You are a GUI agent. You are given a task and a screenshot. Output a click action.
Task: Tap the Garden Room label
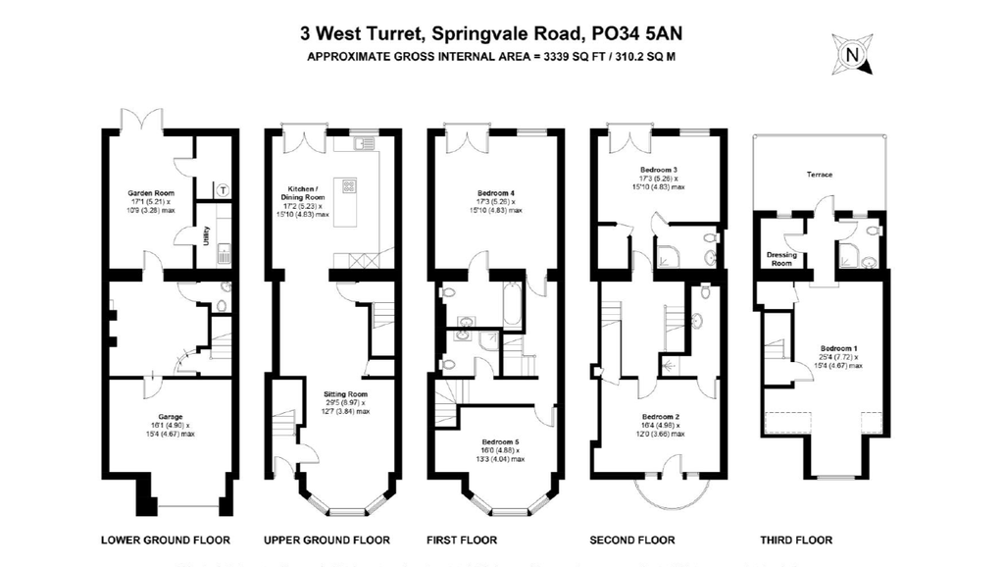(x=149, y=193)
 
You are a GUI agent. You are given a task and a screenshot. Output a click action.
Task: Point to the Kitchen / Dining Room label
(x=302, y=192)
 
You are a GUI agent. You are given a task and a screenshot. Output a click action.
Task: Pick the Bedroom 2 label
(x=662, y=416)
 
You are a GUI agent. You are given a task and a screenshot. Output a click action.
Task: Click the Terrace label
(x=820, y=175)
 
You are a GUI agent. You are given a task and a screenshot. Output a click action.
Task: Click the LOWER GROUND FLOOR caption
(x=166, y=541)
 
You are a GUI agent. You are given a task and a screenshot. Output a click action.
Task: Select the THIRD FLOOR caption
(x=796, y=541)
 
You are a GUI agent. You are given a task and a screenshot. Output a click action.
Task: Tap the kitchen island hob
(x=346, y=187)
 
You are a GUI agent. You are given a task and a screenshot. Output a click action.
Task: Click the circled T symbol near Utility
(x=223, y=189)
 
